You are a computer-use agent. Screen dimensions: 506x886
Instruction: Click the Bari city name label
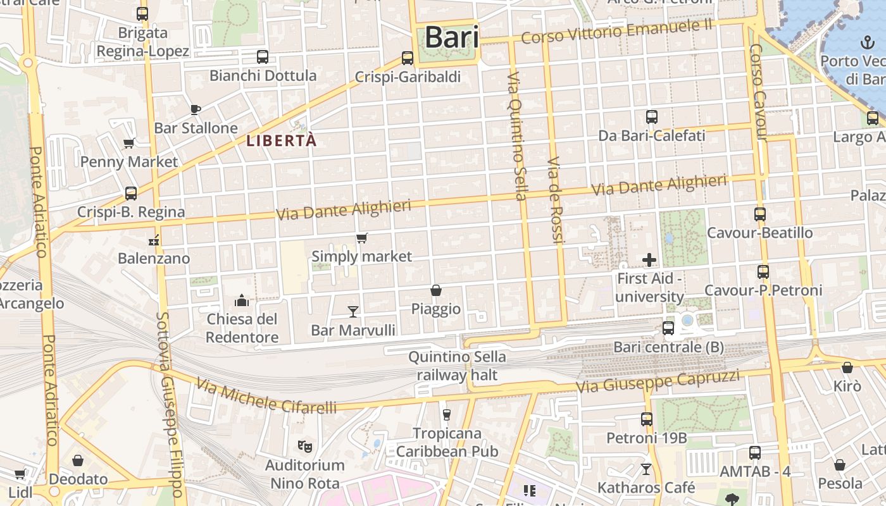pyautogui.click(x=451, y=37)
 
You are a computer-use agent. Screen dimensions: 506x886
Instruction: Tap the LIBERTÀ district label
pyautogui.click(x=282, y=141)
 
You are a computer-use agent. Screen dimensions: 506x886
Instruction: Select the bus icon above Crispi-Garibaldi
pyautogui.click(x=408, y=58)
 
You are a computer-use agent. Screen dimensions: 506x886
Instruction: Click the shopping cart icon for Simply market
pyautogui.click(x=361, y=238)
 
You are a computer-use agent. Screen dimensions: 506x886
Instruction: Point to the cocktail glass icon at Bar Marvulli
pyautogui.click(x=353, y=311)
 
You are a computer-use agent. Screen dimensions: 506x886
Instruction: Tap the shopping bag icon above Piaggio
pyautogui.click(x=436, y=290)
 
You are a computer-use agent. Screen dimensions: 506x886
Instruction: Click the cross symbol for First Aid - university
pyautogui.click(x=649, y=259)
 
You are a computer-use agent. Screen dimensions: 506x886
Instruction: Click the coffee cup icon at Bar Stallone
pyautogui.click(x=196, y=109)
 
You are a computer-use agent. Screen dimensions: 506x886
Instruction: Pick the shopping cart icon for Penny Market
pyautogui.click(x=129, y=144)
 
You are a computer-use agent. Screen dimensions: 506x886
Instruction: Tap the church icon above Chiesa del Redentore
pyautogui.click(x=242, y=300)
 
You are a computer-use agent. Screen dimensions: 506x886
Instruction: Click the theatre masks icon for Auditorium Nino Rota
pyautogui.click(x=305, y=447)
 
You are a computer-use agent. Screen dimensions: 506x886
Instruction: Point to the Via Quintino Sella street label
pyautogui.click(x=516, y=136)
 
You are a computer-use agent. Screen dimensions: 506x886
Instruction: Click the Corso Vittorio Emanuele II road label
pyautogui.click(x=616, y=32)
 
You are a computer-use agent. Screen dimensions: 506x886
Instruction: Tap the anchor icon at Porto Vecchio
pyautogui.click(x=866, y=42)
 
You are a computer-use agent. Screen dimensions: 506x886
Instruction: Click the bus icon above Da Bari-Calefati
pyautogui.click(x=652, y=117)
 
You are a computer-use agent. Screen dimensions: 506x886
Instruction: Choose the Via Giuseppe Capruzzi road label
pyautogui.click(x=658, y=381)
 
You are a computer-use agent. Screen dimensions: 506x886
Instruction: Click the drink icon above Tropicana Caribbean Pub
pyautogui.click(x=447, y=414)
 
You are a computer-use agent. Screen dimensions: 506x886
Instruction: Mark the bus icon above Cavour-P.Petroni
pyautogui.click(x=763, y=272)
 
